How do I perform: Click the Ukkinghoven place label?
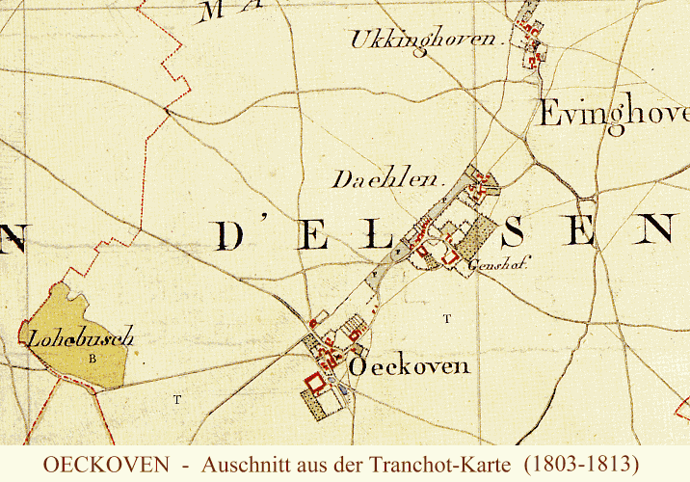pyautogui.click(x=424, y=40)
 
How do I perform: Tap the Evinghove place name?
pyautogui.click(x=613, y=114)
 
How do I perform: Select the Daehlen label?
pyautogui.click(x=385, y=179)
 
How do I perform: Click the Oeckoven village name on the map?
pyautogui.click(x=410, y=366)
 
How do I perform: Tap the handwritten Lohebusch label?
pyautogui.click(x=79, y=338)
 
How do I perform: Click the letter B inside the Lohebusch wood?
pyautogui.click(x=93, y=359)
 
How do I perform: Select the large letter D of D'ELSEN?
pyautogui.click(x=232, y=235)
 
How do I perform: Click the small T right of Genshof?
pyautogui.click(x=445, y=317)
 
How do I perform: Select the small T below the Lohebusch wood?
pyautogui.click(x=176, y=397)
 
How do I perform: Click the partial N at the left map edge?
pyautogui.click(x=10, y=238)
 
